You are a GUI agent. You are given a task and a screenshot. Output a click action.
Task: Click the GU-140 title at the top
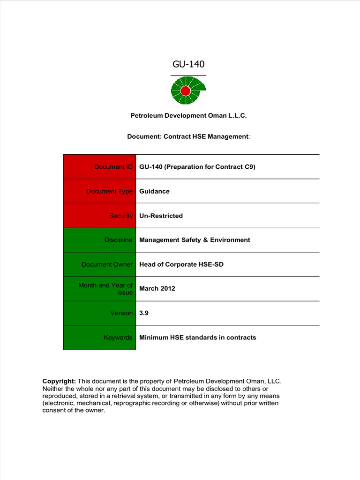pyautogui.click(x=188, y=64)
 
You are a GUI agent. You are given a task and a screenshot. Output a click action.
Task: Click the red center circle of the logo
pyautogui.click(x=185, y=90)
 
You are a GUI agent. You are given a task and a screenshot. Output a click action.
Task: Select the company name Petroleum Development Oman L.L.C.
pyautogui.click(x=188, y=115)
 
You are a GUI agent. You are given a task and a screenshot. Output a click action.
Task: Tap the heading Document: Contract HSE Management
pyautogui.click(x=188, y=136)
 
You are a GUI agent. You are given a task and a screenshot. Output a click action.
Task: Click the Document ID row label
pyautogui.click(x=113, y=167)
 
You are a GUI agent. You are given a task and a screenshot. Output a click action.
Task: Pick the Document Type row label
pyautogui.click(x=109, y=191)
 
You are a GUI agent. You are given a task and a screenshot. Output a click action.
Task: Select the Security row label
pyautogui.click(x=120, y=216)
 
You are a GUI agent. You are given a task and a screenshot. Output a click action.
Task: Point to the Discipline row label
pyautogui.click(x=118, y=240)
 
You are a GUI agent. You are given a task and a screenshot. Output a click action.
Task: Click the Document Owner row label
pyautogui.click(x=107, y=264)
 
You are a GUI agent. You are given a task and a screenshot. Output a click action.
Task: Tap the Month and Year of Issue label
pyautogui.click(x=105, y=289)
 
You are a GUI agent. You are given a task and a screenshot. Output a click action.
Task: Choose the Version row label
pyautogui.click(x=121, y=313)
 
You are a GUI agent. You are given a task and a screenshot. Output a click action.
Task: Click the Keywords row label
pyautogui.click(x=118, y=337)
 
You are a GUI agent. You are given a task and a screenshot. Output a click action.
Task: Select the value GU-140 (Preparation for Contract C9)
pyautogui.click(x=197, y=167)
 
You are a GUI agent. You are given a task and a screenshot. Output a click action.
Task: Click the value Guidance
pyautogui.click(x=154, y=191)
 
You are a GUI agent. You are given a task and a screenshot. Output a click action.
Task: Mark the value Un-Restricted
pyautogui.click(x=161, y=216)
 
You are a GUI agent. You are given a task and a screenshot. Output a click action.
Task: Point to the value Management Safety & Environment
pyautogui.click(x=195, y=240)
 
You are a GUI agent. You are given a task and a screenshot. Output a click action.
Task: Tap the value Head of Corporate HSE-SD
pyautogui.click(x=181, y=264)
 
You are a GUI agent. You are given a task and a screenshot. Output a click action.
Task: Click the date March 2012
pyautogui.click(x=157, y=289)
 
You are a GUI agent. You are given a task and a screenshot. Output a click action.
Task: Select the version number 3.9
pyautogui.click(x=143, y=313)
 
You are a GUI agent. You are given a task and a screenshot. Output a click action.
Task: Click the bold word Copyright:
pyautogui.click(x=59, y=381)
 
